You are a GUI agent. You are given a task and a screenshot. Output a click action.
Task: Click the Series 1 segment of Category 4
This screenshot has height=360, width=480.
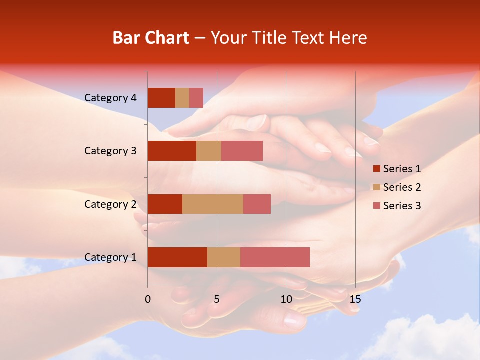[x=161, y=98]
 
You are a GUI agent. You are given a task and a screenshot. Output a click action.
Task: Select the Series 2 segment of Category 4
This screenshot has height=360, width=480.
[x=182, y=98]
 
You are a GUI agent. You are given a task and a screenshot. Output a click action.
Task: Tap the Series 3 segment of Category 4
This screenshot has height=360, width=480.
[x=196, y=98]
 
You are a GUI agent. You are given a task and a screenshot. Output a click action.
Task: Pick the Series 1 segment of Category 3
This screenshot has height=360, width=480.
[x=172, y=151]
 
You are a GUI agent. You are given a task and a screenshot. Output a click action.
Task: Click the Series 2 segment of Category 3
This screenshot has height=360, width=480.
[x=209, y=151]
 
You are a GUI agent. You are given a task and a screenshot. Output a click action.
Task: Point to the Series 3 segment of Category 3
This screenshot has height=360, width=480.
[x=242, y=151]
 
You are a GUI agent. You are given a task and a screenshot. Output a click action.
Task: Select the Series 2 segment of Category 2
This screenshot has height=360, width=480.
[x=213, y=204]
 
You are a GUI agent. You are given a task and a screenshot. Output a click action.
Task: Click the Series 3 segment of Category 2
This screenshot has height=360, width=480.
[x=257, y=204]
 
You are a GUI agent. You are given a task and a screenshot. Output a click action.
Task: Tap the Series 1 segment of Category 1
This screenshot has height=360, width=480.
[x=177, y=257]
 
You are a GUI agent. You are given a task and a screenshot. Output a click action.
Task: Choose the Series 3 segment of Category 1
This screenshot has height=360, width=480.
[x=275, y=257]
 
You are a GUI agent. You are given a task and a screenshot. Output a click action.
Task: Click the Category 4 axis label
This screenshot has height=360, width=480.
[x=110, y=98]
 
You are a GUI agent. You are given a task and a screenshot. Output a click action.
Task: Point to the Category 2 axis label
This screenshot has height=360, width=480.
[x=110, y=204]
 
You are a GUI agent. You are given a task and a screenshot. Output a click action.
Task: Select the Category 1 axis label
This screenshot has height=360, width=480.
[x=110, y=257]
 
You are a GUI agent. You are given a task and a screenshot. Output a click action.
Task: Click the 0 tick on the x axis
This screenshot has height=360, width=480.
[x=148, y=300]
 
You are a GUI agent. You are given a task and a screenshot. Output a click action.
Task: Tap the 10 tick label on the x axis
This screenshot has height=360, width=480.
[x=286, y=300]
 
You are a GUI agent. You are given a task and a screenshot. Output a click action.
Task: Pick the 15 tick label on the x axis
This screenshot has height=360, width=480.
[x=355, y=300]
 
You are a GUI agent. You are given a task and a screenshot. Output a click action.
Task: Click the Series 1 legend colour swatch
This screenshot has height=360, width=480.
[x=376, y=169]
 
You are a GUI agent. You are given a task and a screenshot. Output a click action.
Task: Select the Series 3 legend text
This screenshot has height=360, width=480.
[x=402, y=206]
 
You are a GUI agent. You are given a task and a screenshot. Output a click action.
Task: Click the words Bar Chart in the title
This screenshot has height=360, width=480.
[x=151, y=38]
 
